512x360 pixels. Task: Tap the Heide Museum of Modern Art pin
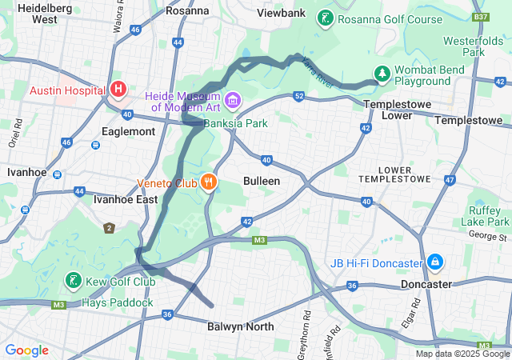(x=233, y=101)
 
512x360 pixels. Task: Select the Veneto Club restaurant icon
(x=209, y=182)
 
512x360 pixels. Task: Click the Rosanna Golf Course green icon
(x=326, y=18)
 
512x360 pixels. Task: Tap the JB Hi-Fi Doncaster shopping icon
(x=434, y=262)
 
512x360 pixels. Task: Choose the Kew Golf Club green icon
(x=73, y=281)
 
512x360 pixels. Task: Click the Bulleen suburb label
(x=262, y=181)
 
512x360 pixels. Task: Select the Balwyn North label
(x=240, y=326)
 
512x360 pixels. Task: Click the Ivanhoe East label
(x=120, y=199)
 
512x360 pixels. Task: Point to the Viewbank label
(x=281, y=13)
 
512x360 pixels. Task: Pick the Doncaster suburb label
(x=425, y=284)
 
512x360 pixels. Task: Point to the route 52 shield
(x=298, y=97)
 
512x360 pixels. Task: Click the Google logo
(x=26, y=350)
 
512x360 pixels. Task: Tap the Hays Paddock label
(x=117, y=302)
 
